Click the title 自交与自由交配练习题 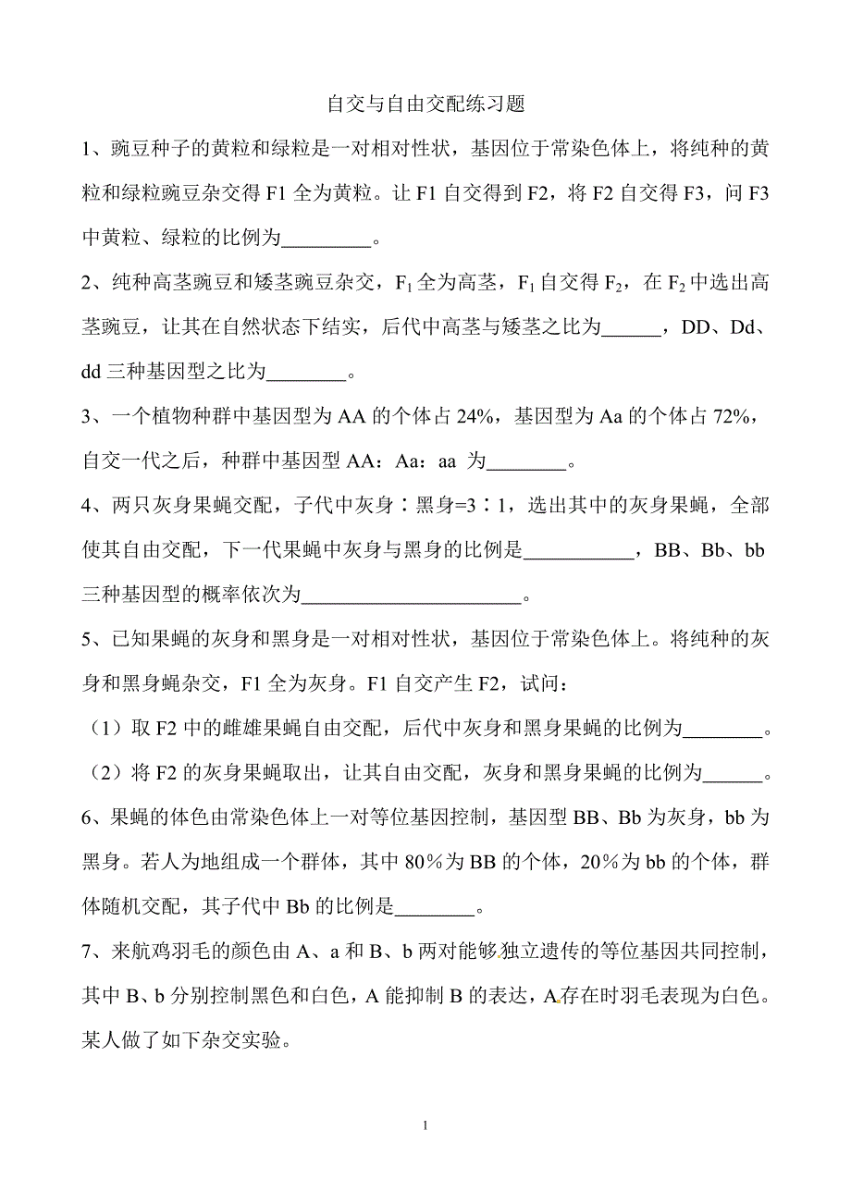click(425, 104)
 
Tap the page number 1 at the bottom click(425, 1125)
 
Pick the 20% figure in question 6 click(598, 862)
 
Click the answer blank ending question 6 click(435, 906)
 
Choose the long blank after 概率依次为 click(413, 596)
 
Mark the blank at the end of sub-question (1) click(724, 730)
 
